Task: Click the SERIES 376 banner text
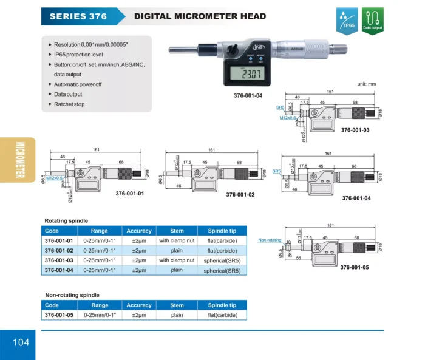[x=78, y=16]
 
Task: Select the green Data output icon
[x=372, y=20]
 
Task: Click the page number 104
[x=20, y=342]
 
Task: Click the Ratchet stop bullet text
[x=69, y=104]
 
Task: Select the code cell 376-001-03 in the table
[x=59, y=260]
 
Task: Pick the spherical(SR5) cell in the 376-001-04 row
[x=222, y=270]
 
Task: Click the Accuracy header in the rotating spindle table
[x=139, y=231]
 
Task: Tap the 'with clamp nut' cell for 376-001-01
[x=177, y=240]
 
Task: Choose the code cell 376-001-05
[x=59, y=315]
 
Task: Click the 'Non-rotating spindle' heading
[x=72, y=295]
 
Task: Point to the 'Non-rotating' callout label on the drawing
[x=270, y=240]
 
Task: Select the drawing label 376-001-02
[x=240, y=195]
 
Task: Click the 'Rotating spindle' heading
[x=66, y=220]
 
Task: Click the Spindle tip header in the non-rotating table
[x=222, y=305]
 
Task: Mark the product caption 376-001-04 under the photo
[x=248, y=95]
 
